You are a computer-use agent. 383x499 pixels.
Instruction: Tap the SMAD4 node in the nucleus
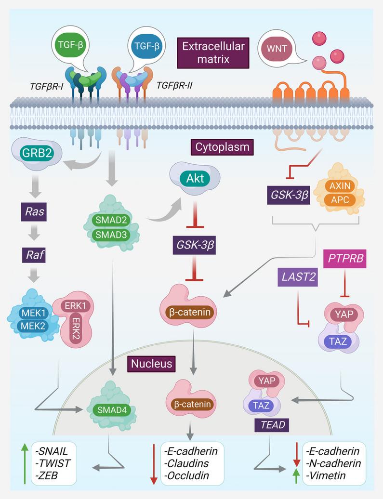click(111, 410)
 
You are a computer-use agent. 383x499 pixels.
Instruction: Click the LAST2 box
click(297, 276)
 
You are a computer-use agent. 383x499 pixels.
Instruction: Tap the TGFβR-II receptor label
click(175, 87)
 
